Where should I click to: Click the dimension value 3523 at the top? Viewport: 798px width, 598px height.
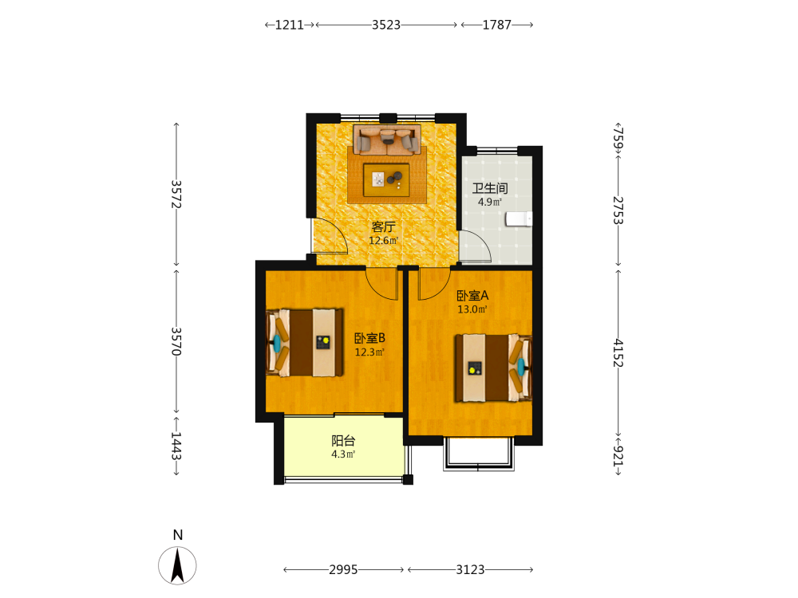386,25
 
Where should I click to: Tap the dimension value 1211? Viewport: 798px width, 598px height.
290,25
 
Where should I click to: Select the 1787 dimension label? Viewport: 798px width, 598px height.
496,25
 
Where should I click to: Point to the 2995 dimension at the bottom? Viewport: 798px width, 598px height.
343,569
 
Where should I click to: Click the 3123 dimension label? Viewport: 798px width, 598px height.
470,569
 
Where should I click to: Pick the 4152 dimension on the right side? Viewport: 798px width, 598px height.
618,353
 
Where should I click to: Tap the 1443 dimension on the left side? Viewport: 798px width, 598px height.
176,446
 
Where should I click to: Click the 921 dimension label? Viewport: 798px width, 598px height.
618,455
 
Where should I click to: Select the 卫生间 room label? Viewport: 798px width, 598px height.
490,188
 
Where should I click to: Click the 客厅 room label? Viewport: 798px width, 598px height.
383,226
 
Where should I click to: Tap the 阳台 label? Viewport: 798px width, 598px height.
343,441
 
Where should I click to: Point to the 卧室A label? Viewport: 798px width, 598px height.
472,296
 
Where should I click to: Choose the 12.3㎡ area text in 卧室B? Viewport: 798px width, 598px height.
369,352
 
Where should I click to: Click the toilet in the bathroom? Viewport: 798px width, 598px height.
519,219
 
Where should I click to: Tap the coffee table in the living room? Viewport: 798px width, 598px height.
386,179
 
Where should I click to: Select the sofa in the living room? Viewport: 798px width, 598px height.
387,140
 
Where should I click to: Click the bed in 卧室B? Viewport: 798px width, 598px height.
304,343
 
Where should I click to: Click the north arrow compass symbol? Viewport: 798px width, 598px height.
177,565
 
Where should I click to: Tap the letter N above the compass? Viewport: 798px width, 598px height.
178,535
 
